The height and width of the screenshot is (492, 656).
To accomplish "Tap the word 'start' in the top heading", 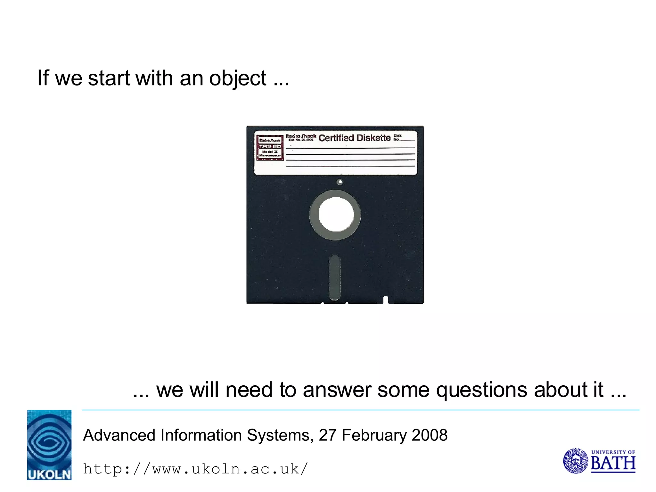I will [x=109, y=78].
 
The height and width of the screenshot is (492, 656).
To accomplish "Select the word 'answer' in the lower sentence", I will [x=337, y=390].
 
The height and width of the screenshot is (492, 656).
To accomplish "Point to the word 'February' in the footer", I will [x=374, y=435].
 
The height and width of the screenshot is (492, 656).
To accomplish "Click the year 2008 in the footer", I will [x=430, y=435].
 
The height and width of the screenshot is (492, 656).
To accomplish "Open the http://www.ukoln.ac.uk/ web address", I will [x=195, y=469].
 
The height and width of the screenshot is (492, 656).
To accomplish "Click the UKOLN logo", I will [x=49, y=445].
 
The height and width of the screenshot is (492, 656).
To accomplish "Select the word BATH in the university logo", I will [x=613, y=463].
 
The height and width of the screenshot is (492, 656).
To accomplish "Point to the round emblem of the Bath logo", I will [x=576, y=461].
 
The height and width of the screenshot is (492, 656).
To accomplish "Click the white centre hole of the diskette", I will [x=336, y=214].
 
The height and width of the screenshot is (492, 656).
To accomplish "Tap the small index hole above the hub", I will [x=340, y=182].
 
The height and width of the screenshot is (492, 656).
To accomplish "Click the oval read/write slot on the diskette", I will [x=335, y=277].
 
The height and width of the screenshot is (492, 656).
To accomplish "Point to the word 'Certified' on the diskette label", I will [x=336, y=138].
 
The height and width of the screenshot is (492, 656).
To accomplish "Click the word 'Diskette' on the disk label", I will [x=373, y=138].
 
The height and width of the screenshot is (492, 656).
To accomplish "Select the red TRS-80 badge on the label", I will [x=270, y=148].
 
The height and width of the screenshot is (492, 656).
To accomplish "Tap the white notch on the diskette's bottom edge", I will [x=385, y=300].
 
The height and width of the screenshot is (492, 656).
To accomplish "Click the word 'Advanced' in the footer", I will [x=120, y=435].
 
